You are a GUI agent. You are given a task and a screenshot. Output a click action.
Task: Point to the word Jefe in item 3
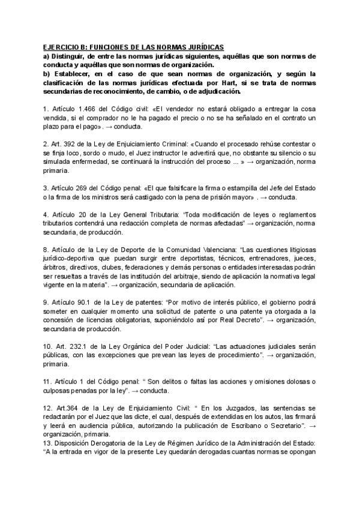[265, 188]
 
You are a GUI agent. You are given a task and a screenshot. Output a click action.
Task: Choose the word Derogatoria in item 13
[100, 443]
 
